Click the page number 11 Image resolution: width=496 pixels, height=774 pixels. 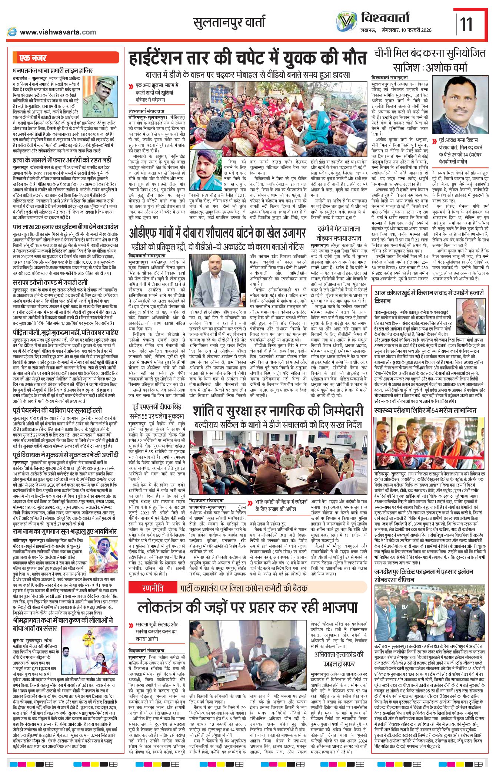pos(466,24)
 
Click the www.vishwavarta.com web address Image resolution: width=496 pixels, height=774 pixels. pos(57,32)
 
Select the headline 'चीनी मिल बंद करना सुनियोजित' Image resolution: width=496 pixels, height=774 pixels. pos(429,53)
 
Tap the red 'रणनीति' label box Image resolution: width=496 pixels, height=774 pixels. pos(152,588)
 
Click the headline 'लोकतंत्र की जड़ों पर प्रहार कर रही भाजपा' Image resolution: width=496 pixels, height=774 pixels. pos(247,607)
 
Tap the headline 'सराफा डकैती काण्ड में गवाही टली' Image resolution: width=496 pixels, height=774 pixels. pos(50,283)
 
